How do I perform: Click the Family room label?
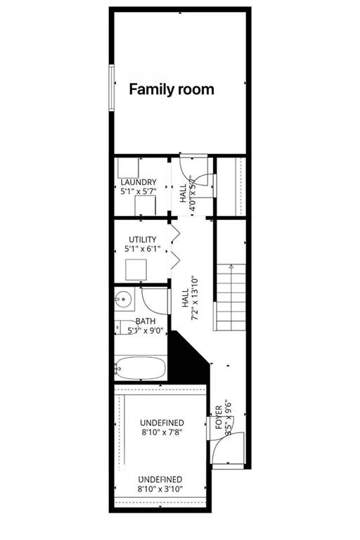pyautogui.click(x=171, y=89)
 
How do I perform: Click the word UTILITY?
pyautogui.click(x=142, y=240)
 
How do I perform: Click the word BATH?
pyautogui.click(x=146, y=321)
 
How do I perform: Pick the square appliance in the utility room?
pyautogui.click(x=136, y=269)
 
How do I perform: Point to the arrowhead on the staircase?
pyautogui.click(x=230, y=266)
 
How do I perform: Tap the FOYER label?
pyautogui.click(x=219, y=416)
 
